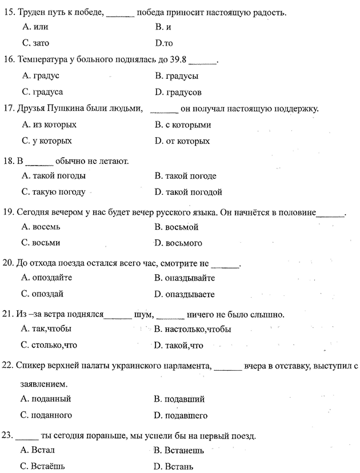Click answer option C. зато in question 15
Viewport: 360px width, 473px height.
(35, 43)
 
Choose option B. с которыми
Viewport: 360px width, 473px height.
(183, 125)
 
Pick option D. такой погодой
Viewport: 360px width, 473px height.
(188, 192)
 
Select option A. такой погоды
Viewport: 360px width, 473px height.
(53, 176)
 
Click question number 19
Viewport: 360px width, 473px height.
(9, 213)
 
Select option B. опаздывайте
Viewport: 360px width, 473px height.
(185, 278)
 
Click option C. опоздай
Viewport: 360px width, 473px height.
(42, 294)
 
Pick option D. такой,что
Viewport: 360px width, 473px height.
(179, 345)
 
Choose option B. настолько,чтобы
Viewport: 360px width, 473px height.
(193, 329)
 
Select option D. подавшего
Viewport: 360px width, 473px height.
(181, 415)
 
